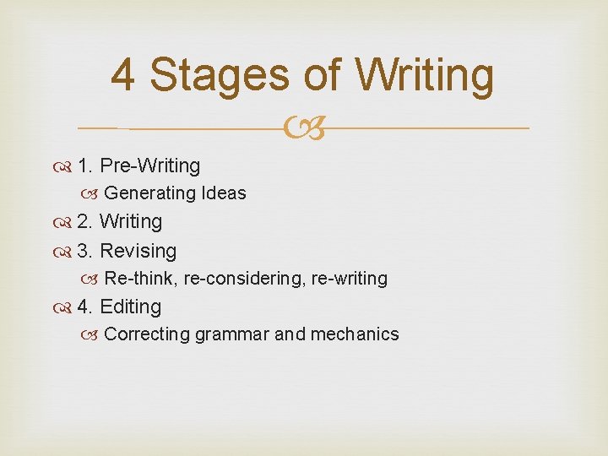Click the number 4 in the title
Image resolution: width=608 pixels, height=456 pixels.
click(123, 75)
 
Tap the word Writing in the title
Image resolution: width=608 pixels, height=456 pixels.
click(425, 75)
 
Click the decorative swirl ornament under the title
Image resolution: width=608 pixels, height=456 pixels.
click(305, 128)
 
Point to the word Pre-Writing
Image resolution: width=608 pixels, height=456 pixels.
click(149, 166)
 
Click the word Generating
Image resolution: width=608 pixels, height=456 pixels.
click(149, 193)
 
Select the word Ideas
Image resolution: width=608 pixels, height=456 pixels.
click(224, 193)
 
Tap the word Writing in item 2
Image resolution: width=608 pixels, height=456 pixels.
click(130, 222)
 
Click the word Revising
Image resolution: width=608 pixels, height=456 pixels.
click(138, 251)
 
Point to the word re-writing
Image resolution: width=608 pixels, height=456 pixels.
click(350, 279)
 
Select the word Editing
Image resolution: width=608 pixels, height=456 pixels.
click(130, 307)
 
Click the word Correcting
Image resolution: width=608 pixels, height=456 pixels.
click(147, 334)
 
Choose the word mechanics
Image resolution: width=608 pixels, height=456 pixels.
click(355, 334)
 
